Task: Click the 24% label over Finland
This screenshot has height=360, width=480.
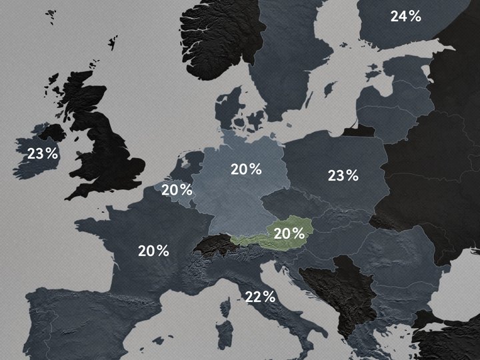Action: [405, 17]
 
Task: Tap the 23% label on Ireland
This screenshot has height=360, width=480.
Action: [43, 154]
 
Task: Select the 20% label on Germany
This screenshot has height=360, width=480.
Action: [246, 169]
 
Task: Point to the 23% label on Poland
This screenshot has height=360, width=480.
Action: [343, 176]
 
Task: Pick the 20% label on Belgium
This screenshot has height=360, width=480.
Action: [177, 190]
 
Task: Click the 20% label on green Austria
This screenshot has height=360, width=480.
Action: [289, 234]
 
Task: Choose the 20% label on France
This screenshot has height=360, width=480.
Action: [153, 251]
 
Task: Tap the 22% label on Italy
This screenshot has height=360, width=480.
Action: [260, 297]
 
